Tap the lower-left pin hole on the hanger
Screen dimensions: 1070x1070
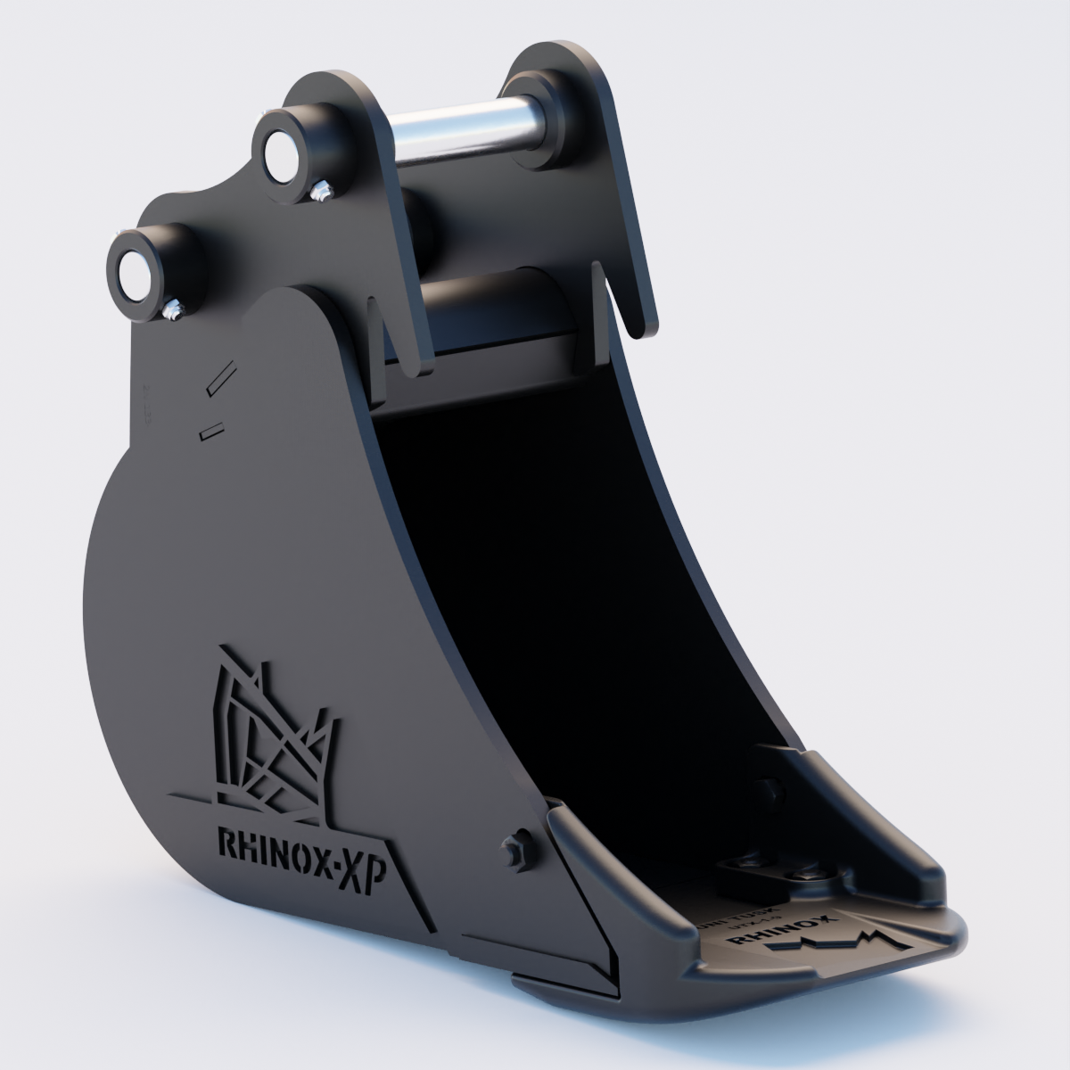point(134,266)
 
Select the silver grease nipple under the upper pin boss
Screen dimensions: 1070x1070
point(321,191)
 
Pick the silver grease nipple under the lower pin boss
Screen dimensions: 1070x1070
point(174,309)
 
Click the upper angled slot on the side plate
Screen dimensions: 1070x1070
point(218,376)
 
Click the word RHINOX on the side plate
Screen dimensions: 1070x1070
point(272,844)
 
